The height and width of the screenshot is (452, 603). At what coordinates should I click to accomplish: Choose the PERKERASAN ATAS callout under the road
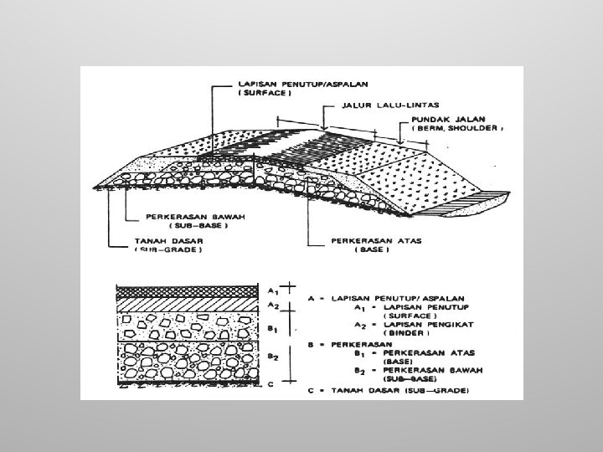366,239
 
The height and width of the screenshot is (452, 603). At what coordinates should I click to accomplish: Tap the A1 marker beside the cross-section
272,290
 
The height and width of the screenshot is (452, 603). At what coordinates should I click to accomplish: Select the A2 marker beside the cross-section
272,306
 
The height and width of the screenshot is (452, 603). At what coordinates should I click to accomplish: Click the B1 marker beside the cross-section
272,329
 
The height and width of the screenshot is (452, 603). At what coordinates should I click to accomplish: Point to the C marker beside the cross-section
271,385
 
